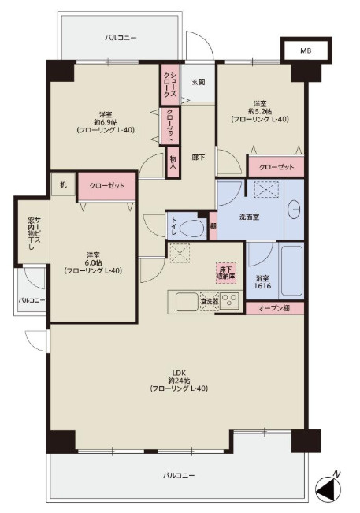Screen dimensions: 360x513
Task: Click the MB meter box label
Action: (306, 51)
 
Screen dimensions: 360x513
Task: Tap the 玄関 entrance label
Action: (199, 82)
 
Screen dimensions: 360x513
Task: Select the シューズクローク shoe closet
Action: (169, 84)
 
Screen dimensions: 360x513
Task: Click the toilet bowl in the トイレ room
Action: (193, 228)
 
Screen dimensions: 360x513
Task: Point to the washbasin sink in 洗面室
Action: (295, 209)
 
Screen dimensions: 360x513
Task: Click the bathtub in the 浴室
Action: (291, 270)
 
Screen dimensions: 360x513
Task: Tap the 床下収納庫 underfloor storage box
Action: (226, 273)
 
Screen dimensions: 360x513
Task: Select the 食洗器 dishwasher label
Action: (210, 302)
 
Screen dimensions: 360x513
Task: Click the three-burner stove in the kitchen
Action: (229, 301)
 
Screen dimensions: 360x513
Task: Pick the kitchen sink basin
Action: (187, 301)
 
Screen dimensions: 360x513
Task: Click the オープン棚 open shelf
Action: (275, 308)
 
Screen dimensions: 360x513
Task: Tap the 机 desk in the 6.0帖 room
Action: (64, 185)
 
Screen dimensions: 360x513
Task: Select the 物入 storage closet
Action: (173, 162)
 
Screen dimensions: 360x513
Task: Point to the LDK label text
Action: (179, 373)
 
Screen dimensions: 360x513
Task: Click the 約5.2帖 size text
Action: (260, 111)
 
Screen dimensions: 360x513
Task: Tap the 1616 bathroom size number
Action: (262, 286)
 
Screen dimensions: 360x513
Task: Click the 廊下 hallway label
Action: (199, 158)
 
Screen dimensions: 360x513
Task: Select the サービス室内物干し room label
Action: (34, 231)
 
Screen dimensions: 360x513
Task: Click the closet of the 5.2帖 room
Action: (276, 167)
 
